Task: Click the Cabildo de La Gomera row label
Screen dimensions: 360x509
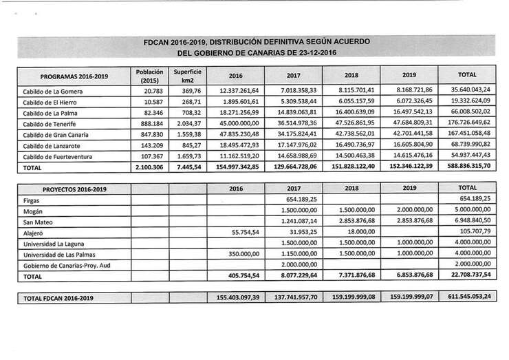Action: [53, 92]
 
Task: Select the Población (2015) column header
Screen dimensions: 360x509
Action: [149, 75]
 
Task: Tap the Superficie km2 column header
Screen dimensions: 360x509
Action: [187, 75]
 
